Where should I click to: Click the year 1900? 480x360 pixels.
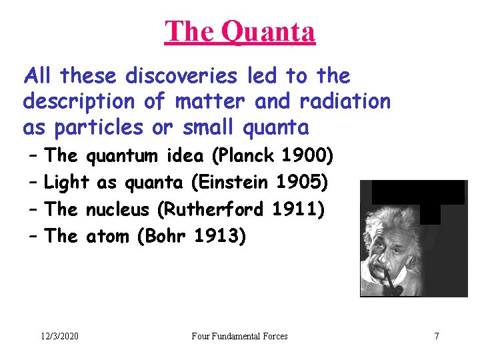tap(308, 156)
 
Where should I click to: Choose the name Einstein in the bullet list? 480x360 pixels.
tap(241, 182)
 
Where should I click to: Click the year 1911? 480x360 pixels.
tap(299, 209)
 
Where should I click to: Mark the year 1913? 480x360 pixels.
tap(222, 235)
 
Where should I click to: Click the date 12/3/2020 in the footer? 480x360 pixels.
tap(59, 336)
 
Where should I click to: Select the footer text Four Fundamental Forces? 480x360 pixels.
tap(239, 336)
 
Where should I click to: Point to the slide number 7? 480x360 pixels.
tap(437, 336)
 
